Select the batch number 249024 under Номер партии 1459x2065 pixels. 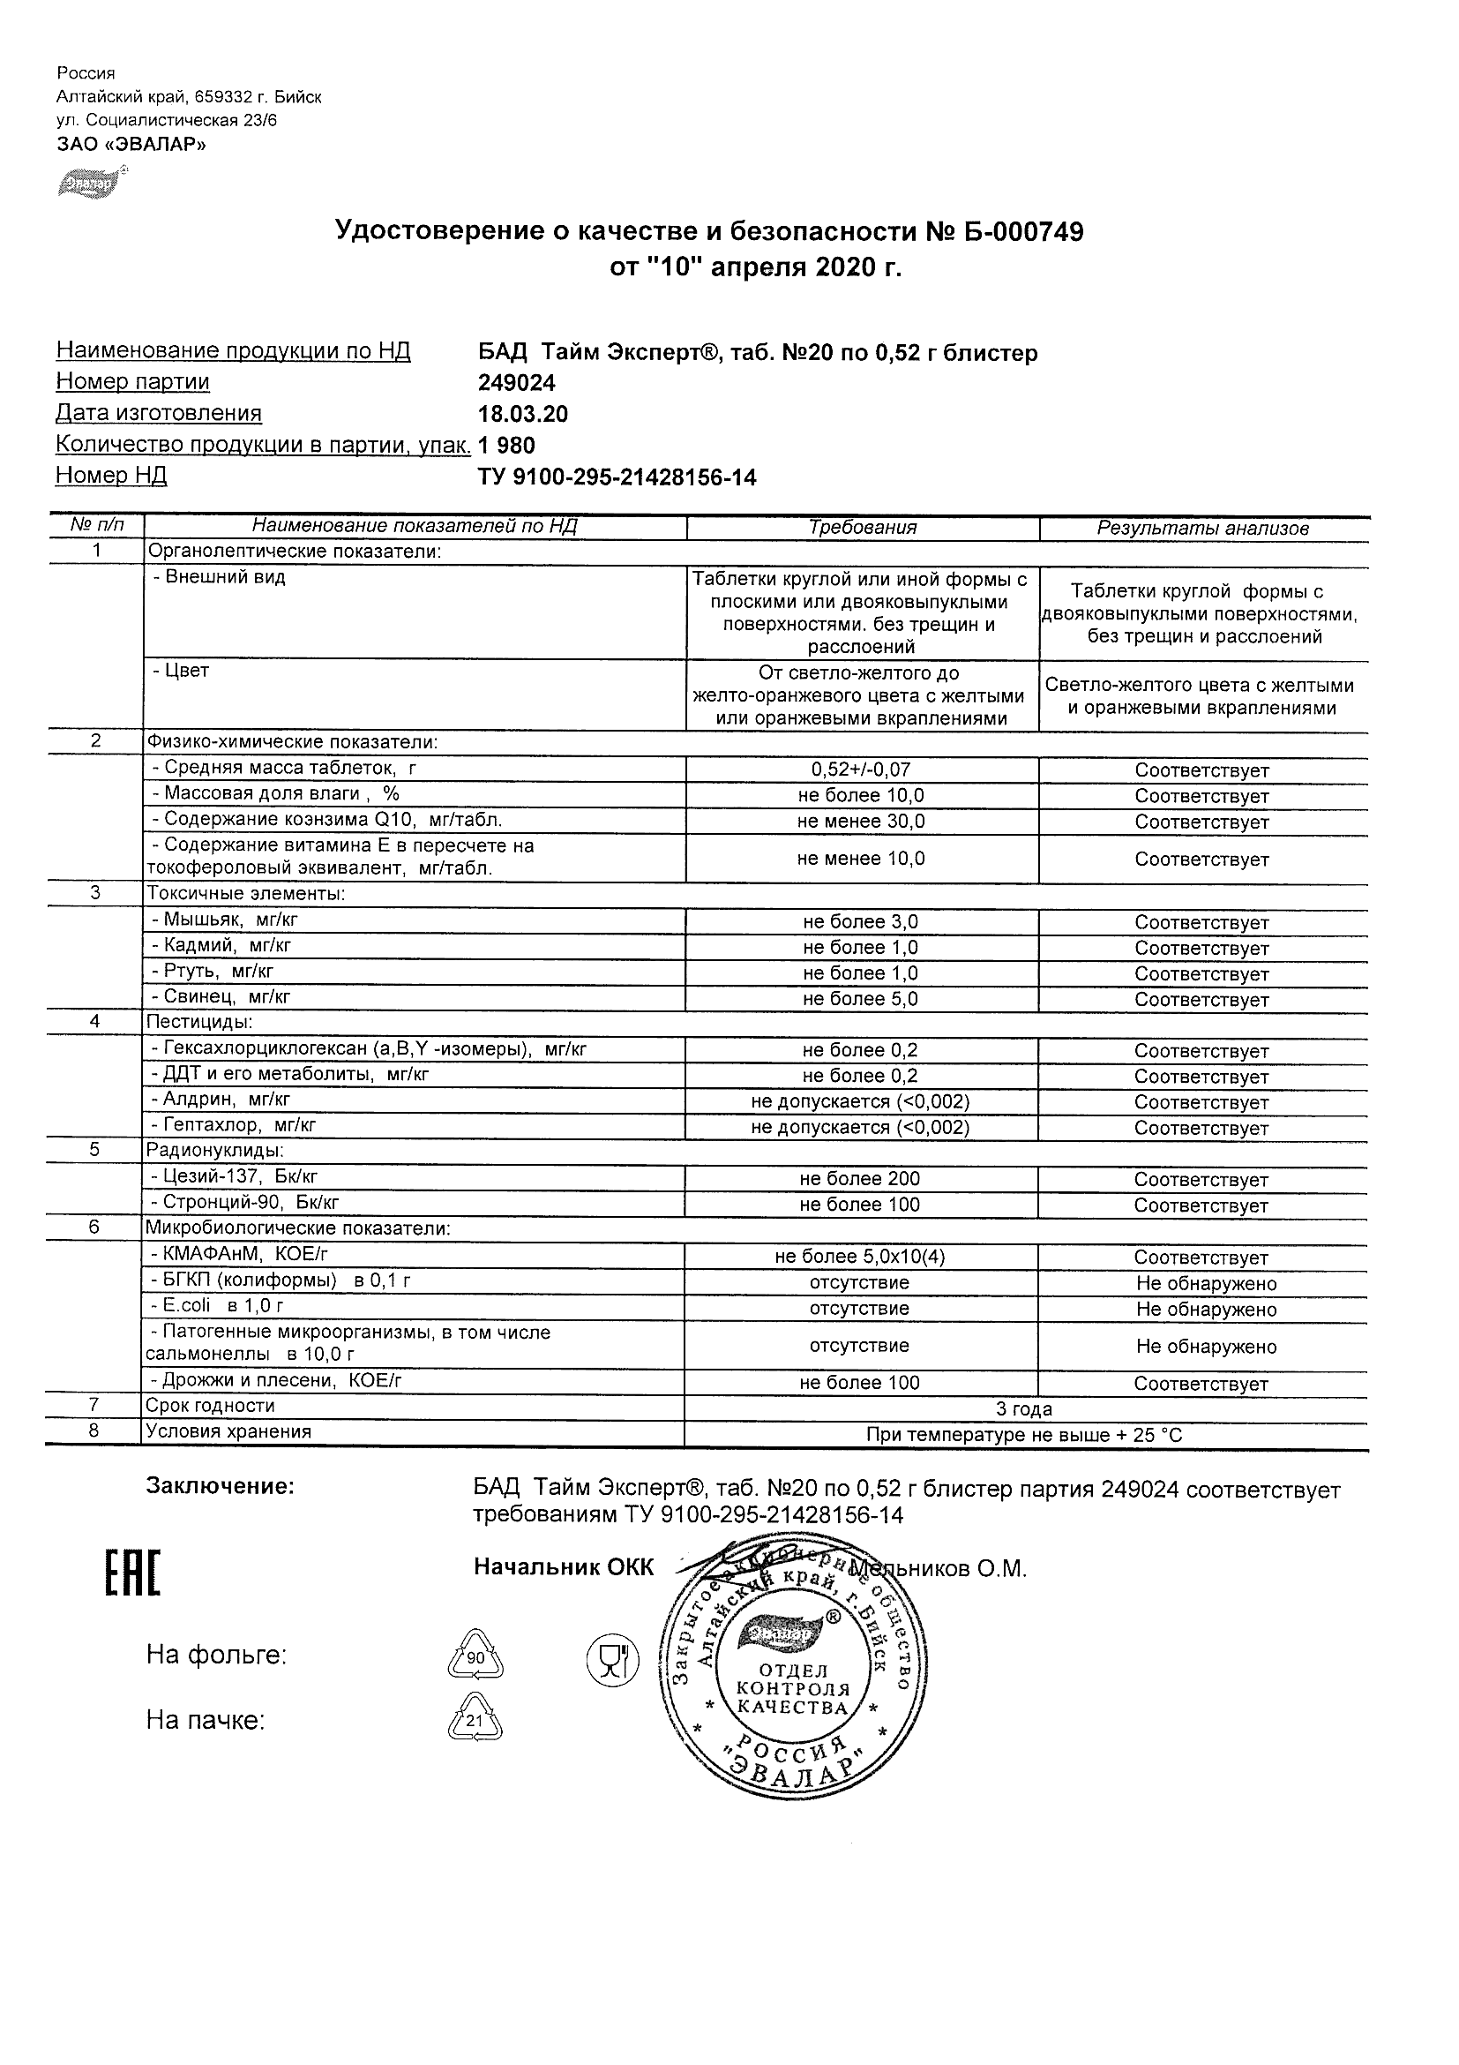(x=517, y=383)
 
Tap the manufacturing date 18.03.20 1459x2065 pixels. (x=522, y=414)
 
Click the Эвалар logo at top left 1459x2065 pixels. (x=91, y=183)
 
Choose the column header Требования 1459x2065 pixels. (x=862, y=528)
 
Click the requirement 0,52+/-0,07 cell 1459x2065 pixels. (x=860, y=770)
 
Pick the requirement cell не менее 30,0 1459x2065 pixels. (x=860, y=821)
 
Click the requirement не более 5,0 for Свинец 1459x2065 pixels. (x=860, y=998)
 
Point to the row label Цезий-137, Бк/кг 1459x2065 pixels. (x=235, y=1176)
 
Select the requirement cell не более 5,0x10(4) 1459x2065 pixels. (x=860, y=1257)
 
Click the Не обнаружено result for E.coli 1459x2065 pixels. (x=1206, y=1310)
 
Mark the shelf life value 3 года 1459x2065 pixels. (x=1024, y=1409)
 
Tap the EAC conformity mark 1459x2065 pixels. (x=132, y=1574)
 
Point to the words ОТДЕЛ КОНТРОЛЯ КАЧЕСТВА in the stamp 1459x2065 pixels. (x=792, y=1688)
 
